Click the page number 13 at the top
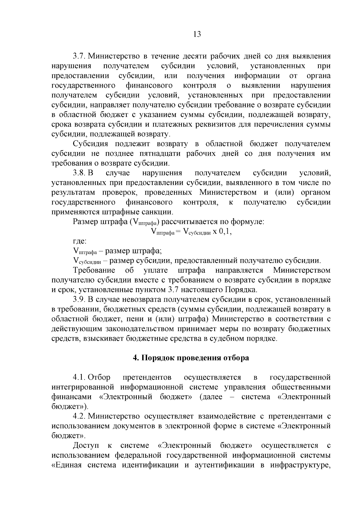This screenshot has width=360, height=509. pos(197,34)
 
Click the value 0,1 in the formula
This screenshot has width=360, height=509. pos(226,231)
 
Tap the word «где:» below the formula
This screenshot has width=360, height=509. pos(80,241)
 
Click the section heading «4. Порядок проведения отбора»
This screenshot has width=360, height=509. pos(191,358)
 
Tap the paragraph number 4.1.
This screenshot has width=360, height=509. pos(79,377)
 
